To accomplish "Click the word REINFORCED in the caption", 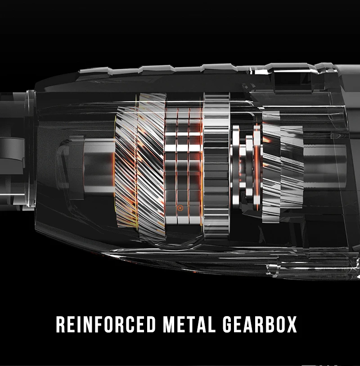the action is tap(106, 324).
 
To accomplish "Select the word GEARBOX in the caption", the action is tap(260, 324).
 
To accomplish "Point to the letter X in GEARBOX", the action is tap(291, 324).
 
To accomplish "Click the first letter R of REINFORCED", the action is tap(61, 324).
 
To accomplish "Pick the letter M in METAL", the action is tap(169, 324).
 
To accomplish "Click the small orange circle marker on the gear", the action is tap(180, 208).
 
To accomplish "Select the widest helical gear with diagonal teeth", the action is tap(151, 167).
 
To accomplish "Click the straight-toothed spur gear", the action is tap(216, 166).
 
